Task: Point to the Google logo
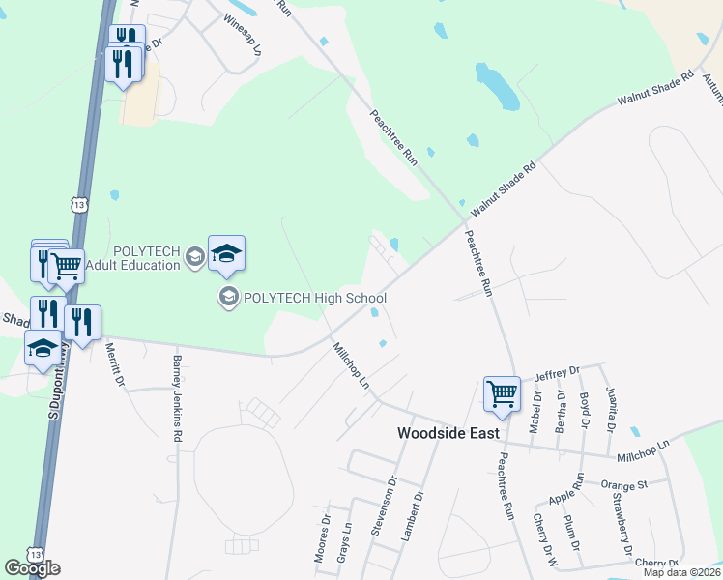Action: click(x=32, y=567)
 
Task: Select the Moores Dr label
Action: click(x=323, y=544)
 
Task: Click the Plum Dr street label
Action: click(x=571, y=534)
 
